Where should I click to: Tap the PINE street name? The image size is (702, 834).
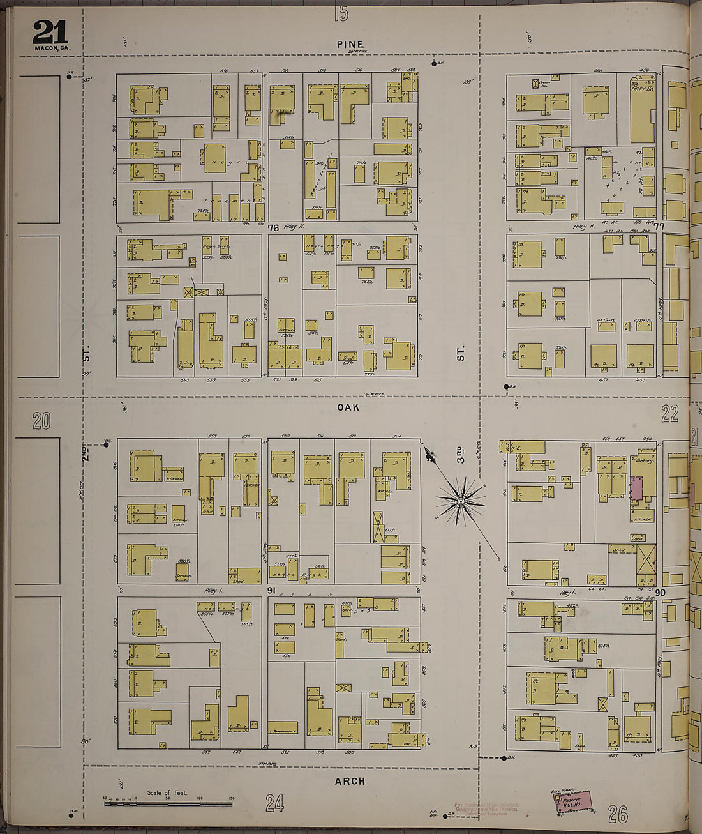tap(350, 45)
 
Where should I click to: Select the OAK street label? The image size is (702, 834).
tap(348, 407)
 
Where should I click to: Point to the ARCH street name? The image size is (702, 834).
tap(350, 781)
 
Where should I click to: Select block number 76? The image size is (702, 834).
tap(274, 227)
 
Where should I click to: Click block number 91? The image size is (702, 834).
tap(271, 591)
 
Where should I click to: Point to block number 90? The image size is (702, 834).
tap(660, 593)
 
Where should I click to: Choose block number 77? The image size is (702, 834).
tap(659, 226)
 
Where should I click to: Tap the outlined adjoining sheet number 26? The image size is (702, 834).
tap(617, 814)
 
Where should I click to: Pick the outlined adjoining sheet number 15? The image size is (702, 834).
tap(341, 13)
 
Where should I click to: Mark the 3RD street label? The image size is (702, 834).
tap(460, 453)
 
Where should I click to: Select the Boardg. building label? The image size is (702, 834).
tap(643, 459)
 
